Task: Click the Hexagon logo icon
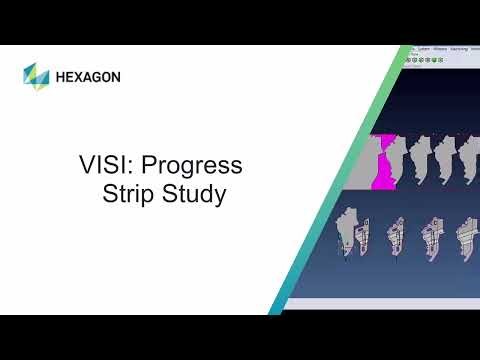tap(36, 75)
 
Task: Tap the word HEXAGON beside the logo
tap(88, 76)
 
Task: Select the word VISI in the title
tap(101, 165)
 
